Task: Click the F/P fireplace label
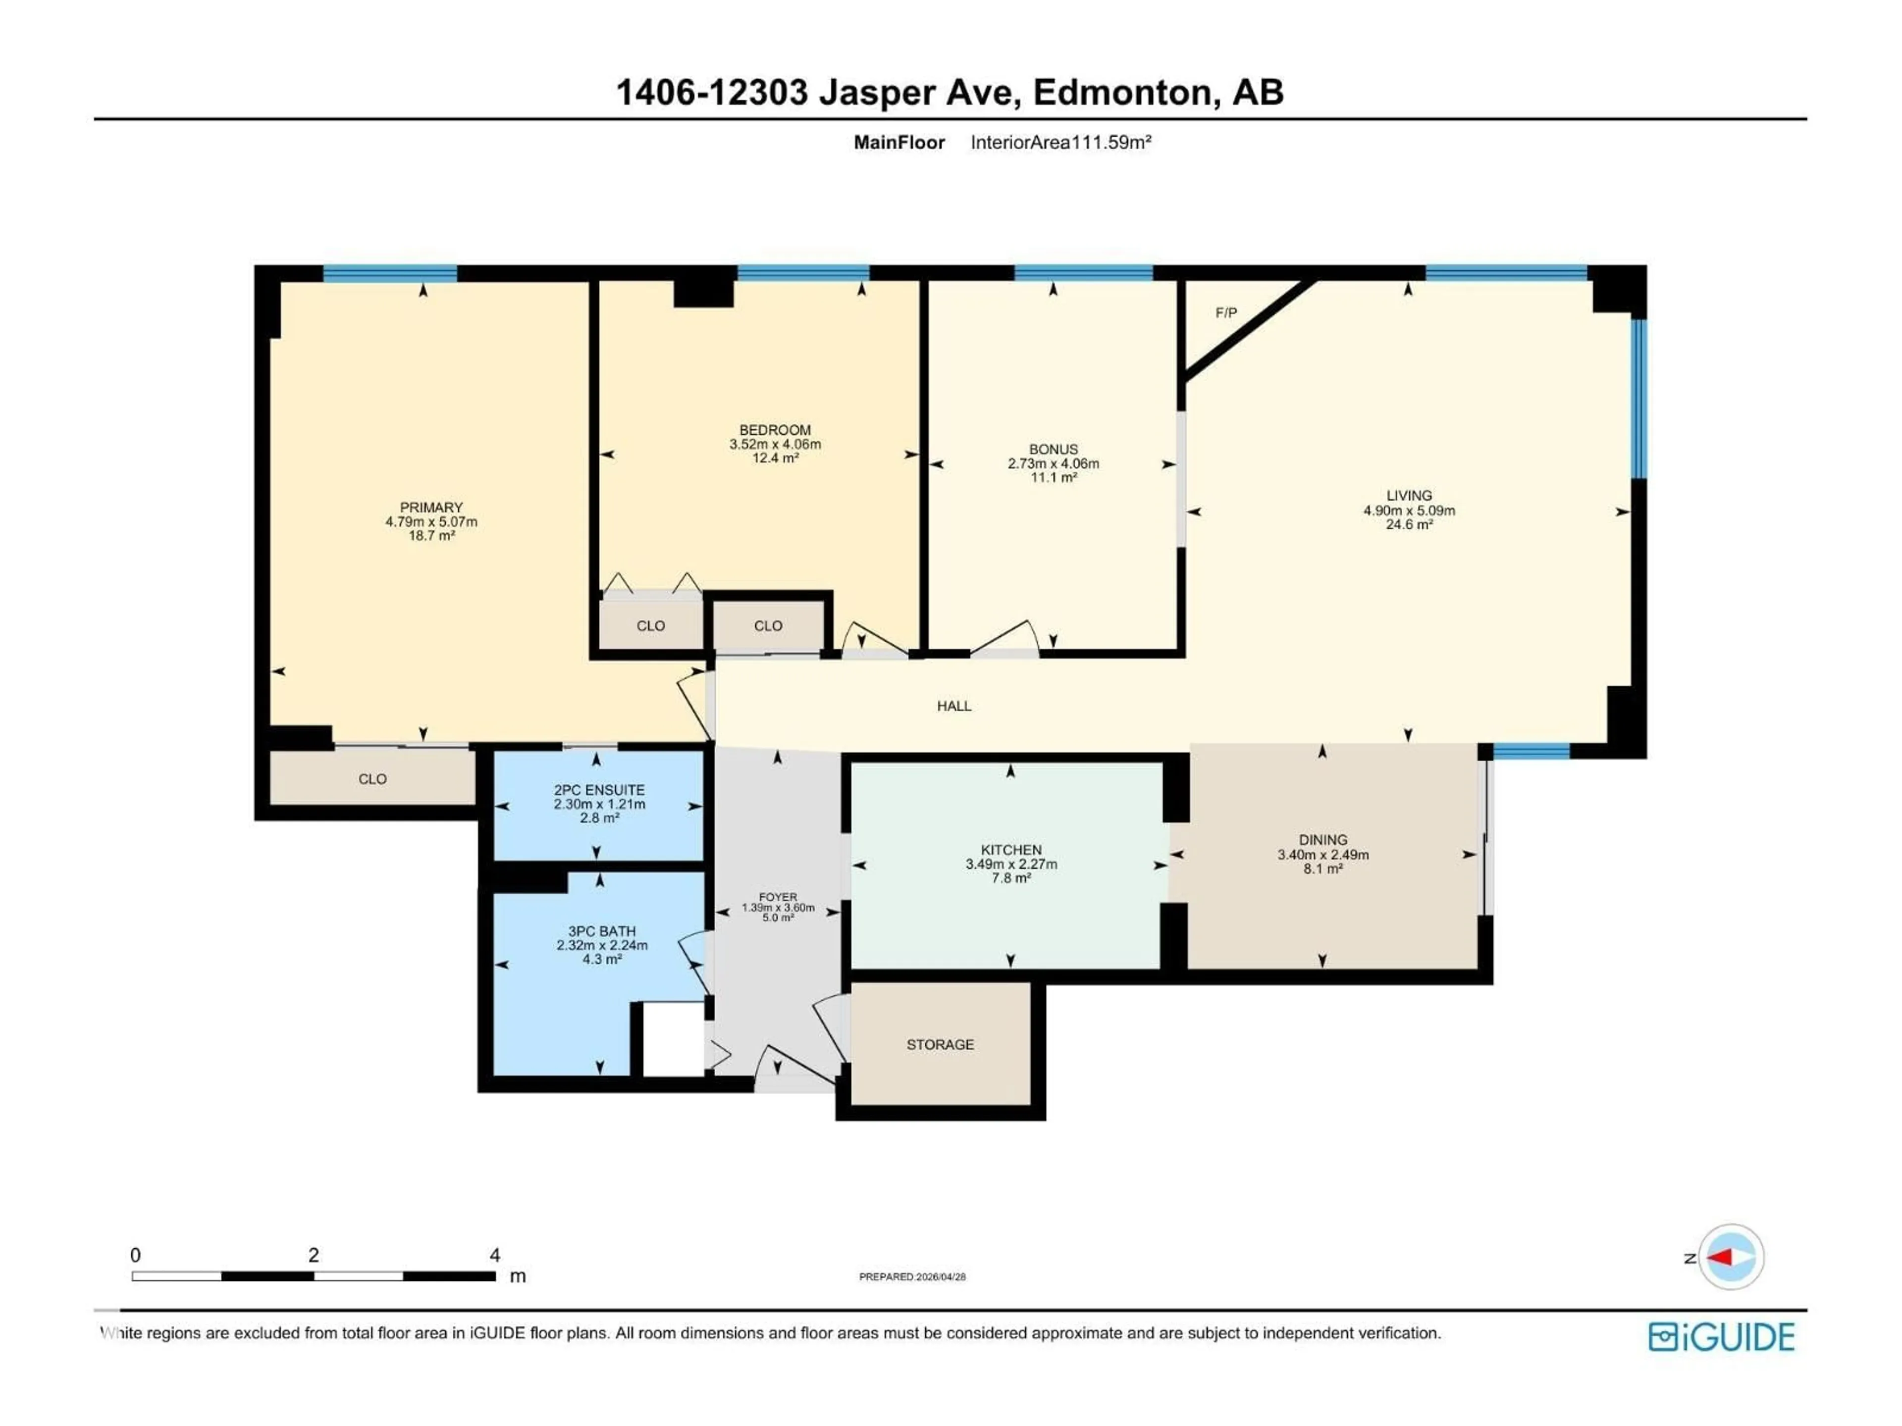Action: click(1226, 313)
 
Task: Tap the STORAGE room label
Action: click(940, 1044)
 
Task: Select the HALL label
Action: click(953, 706)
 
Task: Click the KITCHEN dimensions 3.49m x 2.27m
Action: click(1011, 864)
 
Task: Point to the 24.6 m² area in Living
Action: click(1409, 524)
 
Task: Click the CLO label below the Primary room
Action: click(372, 779)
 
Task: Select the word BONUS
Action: click(1054, 450)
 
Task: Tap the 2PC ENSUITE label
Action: click(599, 790)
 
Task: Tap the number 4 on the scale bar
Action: click(494, 1255)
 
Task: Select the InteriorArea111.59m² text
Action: click(1060, 143)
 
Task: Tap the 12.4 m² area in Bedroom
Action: click(775, 458)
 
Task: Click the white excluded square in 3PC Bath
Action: click(673, 1038)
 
